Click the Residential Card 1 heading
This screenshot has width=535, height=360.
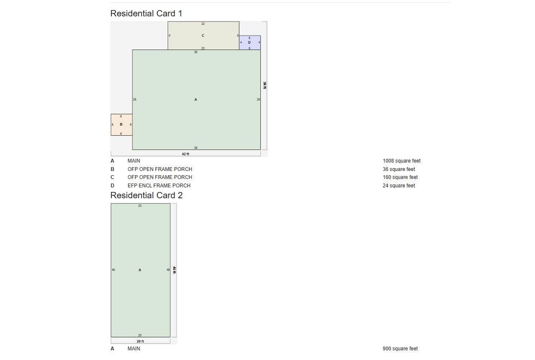146,13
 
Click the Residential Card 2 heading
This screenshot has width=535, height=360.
147,195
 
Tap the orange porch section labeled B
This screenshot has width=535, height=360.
121,125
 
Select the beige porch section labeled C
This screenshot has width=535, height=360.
203,36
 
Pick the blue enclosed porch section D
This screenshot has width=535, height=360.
250,42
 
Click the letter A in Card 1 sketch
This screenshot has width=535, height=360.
196,100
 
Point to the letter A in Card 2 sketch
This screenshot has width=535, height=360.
140,270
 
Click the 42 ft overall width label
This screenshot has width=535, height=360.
185,154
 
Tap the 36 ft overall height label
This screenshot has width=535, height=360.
265,85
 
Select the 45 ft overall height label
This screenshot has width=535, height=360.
174,270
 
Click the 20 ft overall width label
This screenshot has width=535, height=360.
140,342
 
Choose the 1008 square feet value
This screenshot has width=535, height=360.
401,161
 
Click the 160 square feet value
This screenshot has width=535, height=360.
400,177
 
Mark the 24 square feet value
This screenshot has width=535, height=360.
399,186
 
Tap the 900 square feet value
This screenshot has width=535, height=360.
400,349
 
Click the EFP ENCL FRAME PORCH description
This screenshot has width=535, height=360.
159,186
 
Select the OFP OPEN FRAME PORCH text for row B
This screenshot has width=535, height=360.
160,169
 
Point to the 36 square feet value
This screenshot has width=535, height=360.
399,169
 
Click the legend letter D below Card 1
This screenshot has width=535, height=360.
112,186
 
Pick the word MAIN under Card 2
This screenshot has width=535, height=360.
134,349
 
